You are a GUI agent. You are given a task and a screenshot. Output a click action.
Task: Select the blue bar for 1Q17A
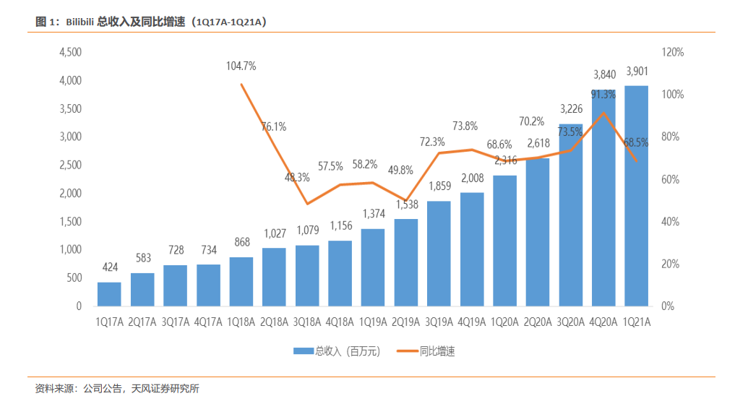click(x=109, y=294)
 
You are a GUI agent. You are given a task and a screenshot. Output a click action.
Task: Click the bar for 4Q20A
click(x=603, y=197)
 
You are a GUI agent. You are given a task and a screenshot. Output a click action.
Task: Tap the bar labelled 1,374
click(x=373, y=267)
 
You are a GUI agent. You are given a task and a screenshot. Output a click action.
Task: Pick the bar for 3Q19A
click(x=439, y=253)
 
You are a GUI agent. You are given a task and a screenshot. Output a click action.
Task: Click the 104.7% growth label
click(x=241, y=66)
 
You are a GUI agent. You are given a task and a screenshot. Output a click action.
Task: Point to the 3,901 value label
click(x=637, y=71)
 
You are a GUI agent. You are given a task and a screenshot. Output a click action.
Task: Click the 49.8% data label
click(x=400, y=170)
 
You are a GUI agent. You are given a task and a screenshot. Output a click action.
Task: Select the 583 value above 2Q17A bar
click(x=143, y=258)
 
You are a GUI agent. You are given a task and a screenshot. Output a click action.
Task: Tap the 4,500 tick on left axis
click(x=70, y=52)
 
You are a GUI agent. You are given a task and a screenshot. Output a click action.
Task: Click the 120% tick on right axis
click(x=673, y=52)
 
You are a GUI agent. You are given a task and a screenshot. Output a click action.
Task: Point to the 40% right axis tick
click(x=670, y=221)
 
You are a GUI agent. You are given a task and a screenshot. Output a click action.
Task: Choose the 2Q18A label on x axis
click(x=274, y=322)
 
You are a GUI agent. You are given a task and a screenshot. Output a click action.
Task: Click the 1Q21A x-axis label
click(x=637, y=322)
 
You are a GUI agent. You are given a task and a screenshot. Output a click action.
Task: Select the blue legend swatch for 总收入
click(x=304, y=351)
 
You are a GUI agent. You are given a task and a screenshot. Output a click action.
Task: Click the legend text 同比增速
click(x=437, y=351)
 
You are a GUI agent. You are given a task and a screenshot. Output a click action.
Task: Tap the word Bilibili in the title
click(x=79, y=22)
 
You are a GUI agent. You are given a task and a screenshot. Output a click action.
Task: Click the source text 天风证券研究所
click(x=165, y=389)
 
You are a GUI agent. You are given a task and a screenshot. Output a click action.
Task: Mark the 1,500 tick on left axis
click(x=70, y=221)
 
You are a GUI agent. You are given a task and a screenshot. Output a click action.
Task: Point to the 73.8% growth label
click(x=465, y=126)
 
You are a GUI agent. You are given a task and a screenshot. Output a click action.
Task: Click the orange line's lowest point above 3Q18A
click(x=308, y=204)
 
